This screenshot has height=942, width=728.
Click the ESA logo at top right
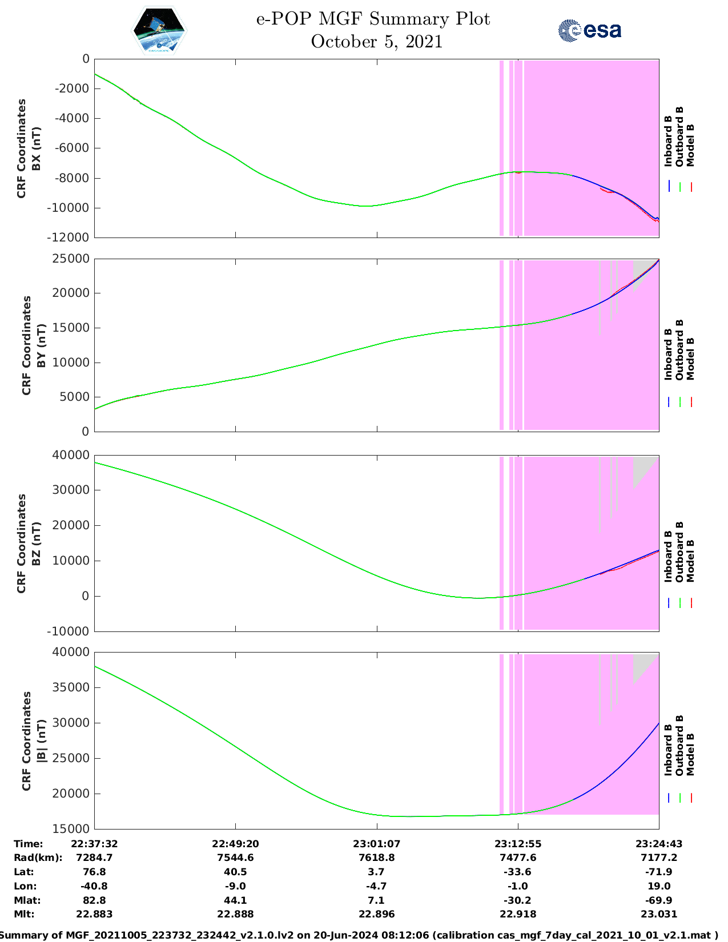[589, 30]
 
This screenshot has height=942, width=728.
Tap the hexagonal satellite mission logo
[159, 31]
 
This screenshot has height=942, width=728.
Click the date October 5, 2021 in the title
[377, 42]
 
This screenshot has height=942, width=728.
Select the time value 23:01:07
[376, 844]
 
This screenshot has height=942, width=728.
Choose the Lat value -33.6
[518, 872]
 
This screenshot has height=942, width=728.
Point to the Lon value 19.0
[659, 886]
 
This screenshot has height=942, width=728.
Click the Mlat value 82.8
[94, 900]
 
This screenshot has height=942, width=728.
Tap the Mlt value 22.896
[376, 914]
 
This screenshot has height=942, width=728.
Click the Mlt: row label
[24, 914]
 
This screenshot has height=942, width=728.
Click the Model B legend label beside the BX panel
[690, 145]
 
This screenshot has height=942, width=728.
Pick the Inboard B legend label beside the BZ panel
[668, 557]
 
